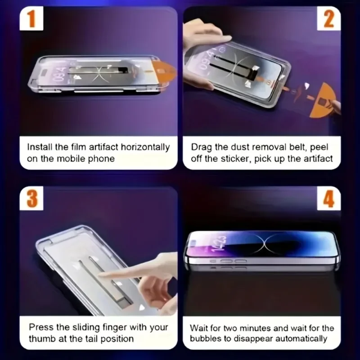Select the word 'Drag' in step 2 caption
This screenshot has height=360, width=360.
pos(200,147)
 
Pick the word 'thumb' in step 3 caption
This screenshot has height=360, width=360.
pos(42,339)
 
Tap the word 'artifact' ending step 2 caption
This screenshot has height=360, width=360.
pos(319,158)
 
